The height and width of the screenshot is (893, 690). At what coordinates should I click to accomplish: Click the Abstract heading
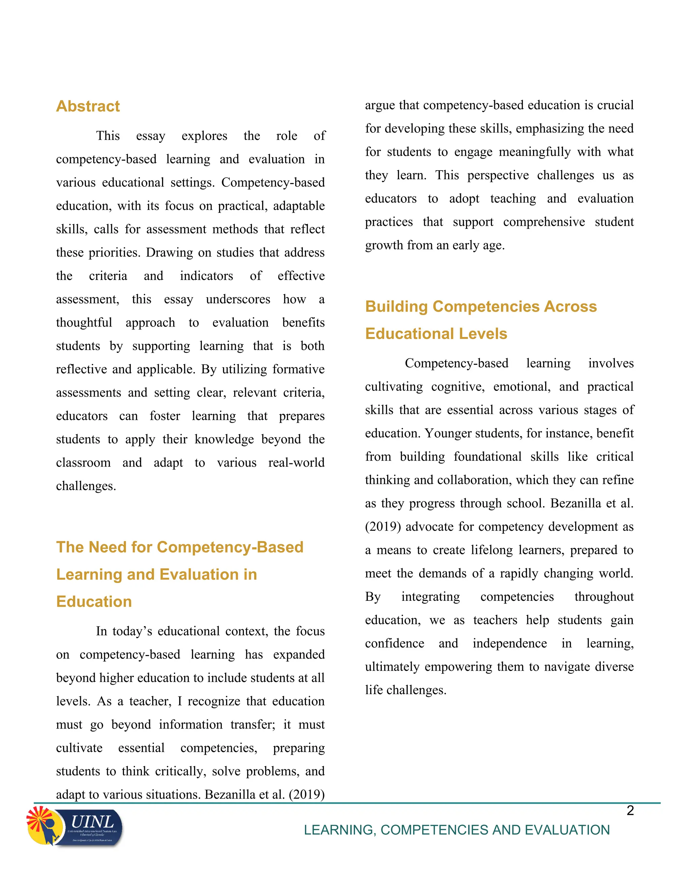[88, 106]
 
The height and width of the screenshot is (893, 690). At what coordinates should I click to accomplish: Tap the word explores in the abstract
[205, 136]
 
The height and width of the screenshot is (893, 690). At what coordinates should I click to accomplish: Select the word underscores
[238, 299]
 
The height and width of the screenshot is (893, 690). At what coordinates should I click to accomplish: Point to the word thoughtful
[84, 322]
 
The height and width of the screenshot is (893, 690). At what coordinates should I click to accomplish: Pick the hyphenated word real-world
[296, 462]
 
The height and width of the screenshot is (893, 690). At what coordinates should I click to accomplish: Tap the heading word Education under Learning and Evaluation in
[94, 602]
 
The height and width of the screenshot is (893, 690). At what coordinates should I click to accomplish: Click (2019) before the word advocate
[383, 527]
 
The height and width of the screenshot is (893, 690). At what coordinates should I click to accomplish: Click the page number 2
[630, 810]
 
